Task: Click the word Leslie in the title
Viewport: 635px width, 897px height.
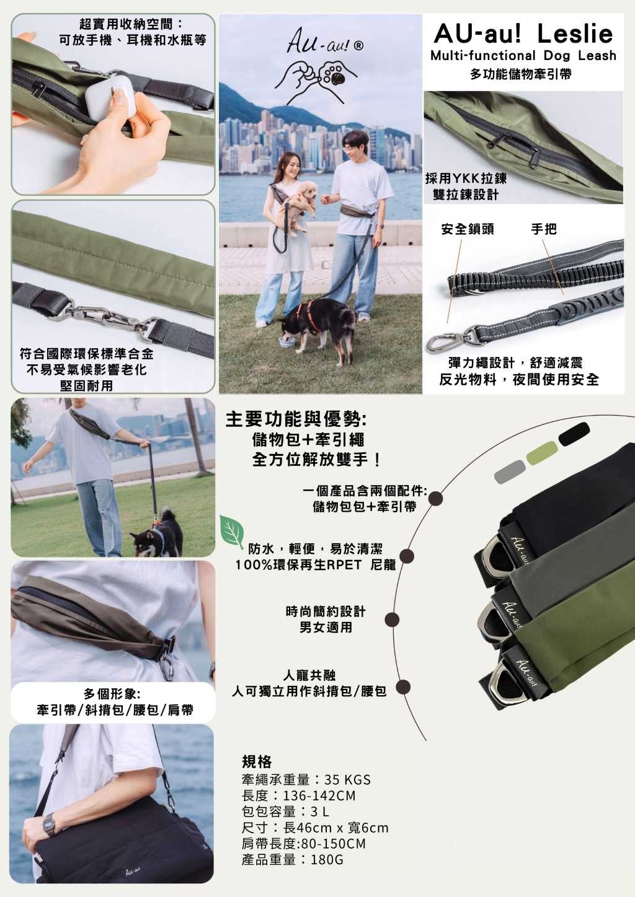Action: (575, 33)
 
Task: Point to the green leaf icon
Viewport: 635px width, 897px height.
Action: (232, 531)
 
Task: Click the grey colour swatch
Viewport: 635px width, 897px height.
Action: (510, 471)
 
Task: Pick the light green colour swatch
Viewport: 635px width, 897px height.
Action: (543, 453)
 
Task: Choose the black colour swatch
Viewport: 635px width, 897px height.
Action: (574, 434)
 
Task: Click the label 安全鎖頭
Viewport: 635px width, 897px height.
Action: (468, 229)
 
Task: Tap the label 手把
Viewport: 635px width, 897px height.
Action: (544, 229)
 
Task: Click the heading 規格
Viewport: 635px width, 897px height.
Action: (257, 761)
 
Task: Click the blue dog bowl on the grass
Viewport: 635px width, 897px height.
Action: (287, 343)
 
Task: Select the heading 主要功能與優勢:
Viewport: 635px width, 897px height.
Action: (295, 419)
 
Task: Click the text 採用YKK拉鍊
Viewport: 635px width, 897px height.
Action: (466, 178)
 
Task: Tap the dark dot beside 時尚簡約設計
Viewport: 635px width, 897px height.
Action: (392, 620)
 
